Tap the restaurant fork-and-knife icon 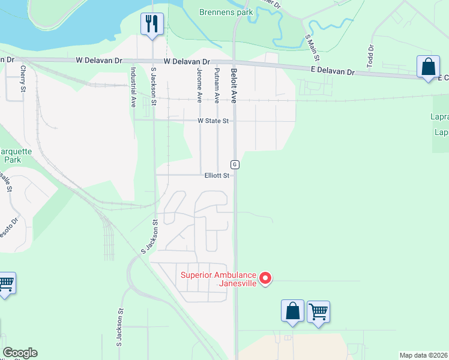coord(151,23)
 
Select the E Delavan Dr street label coord(333,71)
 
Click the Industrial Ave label coord(133,87)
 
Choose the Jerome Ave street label coord(199,86)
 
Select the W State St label coord(214,121)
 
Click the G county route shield coord(235,164)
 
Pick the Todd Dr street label coord(370,56)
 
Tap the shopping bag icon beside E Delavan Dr coord(429,67)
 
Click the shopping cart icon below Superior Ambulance coord(318,311)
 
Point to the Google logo coord(20,353)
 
